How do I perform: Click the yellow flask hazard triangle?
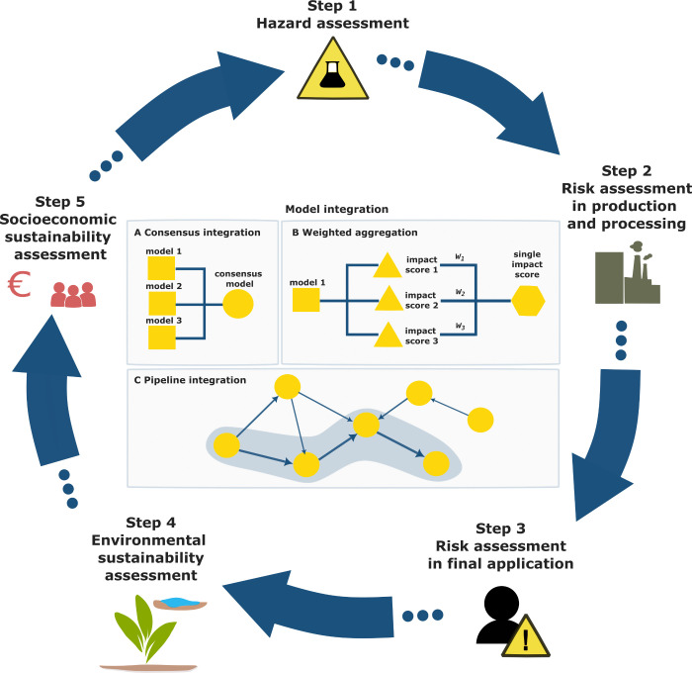(x=332, y=69)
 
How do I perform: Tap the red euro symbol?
(x=19, y=284)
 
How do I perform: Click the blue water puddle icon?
(x=180, y=604)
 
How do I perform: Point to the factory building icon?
(x=627, y=272)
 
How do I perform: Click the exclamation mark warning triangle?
(x=525, y=636)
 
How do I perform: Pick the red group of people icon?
(x=73, y=294)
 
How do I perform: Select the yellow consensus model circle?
(x=238, y=304)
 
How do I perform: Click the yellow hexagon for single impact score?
(x=528, y=301)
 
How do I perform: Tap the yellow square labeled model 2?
(x=162, y=304)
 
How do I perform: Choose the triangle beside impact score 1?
(x=388, y=265)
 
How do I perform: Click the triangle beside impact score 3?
(x=388, y=335)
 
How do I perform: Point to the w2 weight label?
(x=460, y=292)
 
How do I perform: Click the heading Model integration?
(x=337, y=209)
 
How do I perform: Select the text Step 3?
(x=500, y=529)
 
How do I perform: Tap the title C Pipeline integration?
(x=190, y=380)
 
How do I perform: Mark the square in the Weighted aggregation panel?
(x=306, y=299)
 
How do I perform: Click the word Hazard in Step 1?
(x=290, y=23)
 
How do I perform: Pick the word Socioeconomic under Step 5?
(x=58, y=219)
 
